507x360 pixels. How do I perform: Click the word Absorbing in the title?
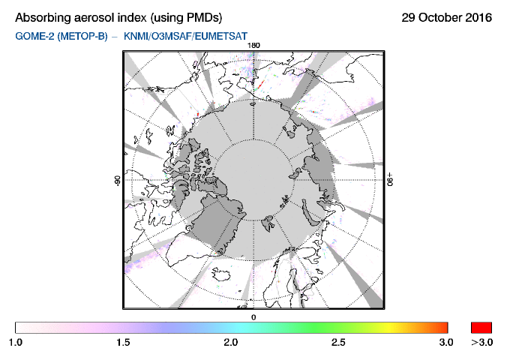coord(43,18)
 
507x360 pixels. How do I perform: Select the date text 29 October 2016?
coord(446,17)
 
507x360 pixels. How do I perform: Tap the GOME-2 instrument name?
coord(35,36)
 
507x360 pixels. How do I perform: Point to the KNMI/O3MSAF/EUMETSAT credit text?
coord(185,36)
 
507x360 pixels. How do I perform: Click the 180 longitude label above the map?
coord(253,45)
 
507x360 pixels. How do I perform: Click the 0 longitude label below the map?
coord(253,317)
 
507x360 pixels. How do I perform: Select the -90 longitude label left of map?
coord(117,181)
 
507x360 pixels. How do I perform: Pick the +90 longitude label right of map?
coord(390,179)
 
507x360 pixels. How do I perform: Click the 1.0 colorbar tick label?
coord(16,342)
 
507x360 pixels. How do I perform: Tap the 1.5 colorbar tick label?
coord(123,342)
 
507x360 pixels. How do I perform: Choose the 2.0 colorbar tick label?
coord(231,342)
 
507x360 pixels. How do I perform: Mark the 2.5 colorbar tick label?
coord(338,342)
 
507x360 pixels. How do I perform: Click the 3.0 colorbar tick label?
coord(446,342)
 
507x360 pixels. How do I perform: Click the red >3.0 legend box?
coord(481,328)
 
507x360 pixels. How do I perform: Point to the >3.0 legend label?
coord(481,342)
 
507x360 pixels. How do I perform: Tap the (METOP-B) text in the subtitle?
coord(82,36)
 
